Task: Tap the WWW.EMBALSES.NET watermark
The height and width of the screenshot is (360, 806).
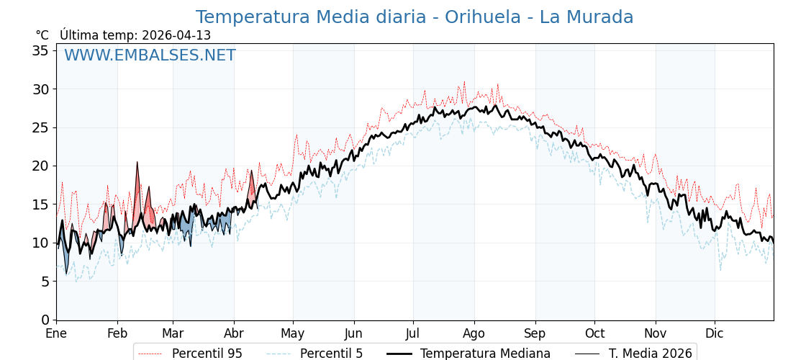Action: pyautogui.click(x=150, y=55)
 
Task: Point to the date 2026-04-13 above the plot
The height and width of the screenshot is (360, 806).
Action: pyautogui.click(x=176, y=35)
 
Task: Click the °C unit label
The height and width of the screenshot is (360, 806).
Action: pyautogui.click(x=42, y=35)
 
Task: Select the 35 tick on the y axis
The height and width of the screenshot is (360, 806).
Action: pyautogui.click(x=40, y=50)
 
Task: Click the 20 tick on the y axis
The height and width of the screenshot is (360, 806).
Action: pyautogui.click(x=40, y=166)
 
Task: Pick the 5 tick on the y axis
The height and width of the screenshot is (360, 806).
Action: pyautogui.click(x=45, y=282)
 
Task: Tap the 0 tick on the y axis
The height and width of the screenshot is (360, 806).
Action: pyautogui.click(x=45, y=320)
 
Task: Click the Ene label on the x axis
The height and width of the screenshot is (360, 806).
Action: pyautogui.click(x=56, y=334)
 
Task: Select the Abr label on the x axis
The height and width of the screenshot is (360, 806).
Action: pyautogui.click(x=234, y=334)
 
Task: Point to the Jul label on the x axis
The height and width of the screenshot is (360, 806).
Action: pyautogui.click(x=413, y=334)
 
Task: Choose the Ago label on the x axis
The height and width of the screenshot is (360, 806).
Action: pyautogui.click(x=474, y=334)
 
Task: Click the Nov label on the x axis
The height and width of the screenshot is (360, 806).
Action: pyautogui.click(x=655, y=334)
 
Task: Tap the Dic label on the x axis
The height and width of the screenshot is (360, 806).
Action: pyautogui.click(x=715, y=334)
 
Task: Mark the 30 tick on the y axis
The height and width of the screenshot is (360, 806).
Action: pyautogui.click(x=40, y=89)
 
